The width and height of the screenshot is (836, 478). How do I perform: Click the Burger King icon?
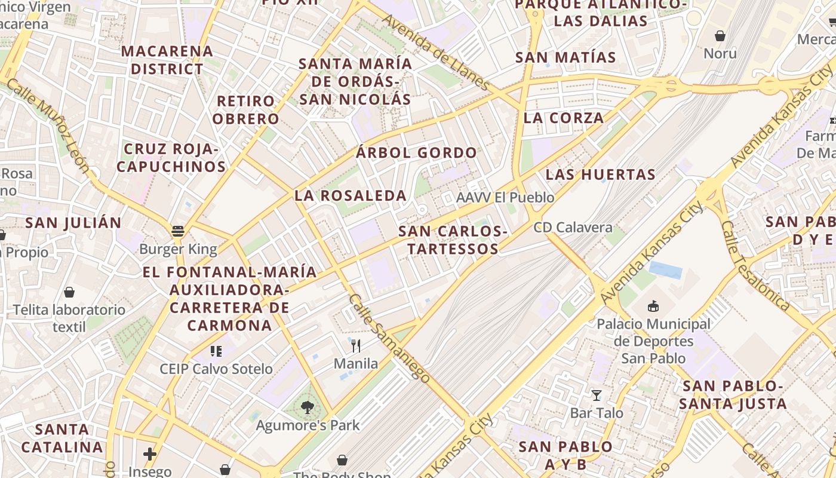(177, 231)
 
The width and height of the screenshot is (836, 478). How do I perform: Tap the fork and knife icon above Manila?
(356, 345)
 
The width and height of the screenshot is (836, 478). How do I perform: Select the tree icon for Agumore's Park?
(308, 407)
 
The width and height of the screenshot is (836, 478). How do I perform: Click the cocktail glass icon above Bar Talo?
(596, 395)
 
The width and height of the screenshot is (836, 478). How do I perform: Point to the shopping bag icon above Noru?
(720, 36)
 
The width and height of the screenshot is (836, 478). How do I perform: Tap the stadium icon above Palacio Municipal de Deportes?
(653, 307)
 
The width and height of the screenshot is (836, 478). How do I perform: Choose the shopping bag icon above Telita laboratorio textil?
(69, 292)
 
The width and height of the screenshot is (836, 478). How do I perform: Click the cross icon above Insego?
(149, 454)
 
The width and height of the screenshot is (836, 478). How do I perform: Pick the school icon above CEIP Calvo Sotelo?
(216, 351)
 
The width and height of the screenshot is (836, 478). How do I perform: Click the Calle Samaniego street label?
(389, 338)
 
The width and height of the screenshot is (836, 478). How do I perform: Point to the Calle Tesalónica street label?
(755, 266)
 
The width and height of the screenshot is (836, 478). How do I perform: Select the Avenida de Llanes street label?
(436, 53)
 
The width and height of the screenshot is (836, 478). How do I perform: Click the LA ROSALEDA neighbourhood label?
(351, 195)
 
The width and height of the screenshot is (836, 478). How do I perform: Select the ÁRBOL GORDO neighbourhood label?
(416, 152)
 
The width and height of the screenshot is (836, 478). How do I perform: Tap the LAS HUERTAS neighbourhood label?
(600, 174)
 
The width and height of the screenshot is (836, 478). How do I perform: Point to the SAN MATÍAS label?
(565, 57)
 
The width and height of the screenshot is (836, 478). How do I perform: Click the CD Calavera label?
(573, 228)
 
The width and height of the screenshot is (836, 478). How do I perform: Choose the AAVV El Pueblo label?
(505, 197)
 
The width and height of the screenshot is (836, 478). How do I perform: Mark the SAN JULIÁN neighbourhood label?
(73, 223)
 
